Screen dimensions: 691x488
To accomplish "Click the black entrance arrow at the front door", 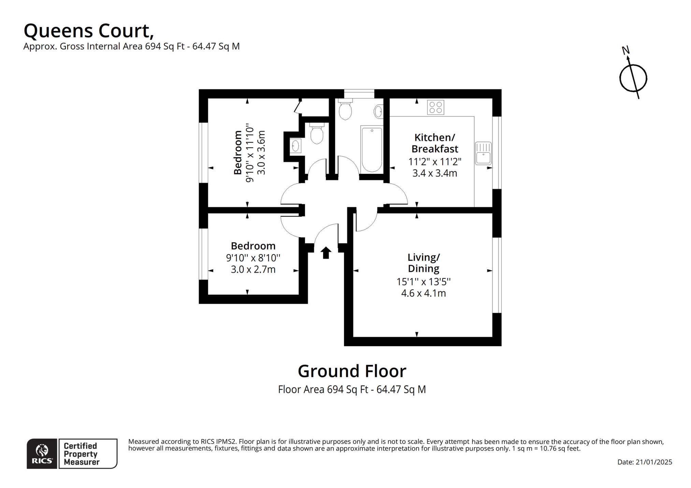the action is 326,253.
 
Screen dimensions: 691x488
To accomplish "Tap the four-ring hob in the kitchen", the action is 436,107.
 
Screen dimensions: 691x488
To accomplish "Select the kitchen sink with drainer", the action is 483,153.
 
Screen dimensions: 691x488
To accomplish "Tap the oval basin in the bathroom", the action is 378,111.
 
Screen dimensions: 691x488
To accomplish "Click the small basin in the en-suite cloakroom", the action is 295,147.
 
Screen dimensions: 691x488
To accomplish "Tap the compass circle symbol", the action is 633,78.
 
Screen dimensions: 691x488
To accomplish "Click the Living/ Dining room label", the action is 423,263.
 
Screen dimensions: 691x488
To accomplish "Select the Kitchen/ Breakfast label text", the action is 435,143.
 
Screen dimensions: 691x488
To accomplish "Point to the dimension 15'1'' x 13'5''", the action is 423,282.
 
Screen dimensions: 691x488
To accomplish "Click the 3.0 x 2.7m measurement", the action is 253,270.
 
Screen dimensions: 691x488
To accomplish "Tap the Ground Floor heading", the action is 352,371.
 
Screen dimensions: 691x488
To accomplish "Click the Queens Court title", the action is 89,31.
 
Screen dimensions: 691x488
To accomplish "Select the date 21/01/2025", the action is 653,462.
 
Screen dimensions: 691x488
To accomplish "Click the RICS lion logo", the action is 42,454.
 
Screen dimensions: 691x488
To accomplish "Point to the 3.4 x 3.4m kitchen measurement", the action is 435,173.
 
